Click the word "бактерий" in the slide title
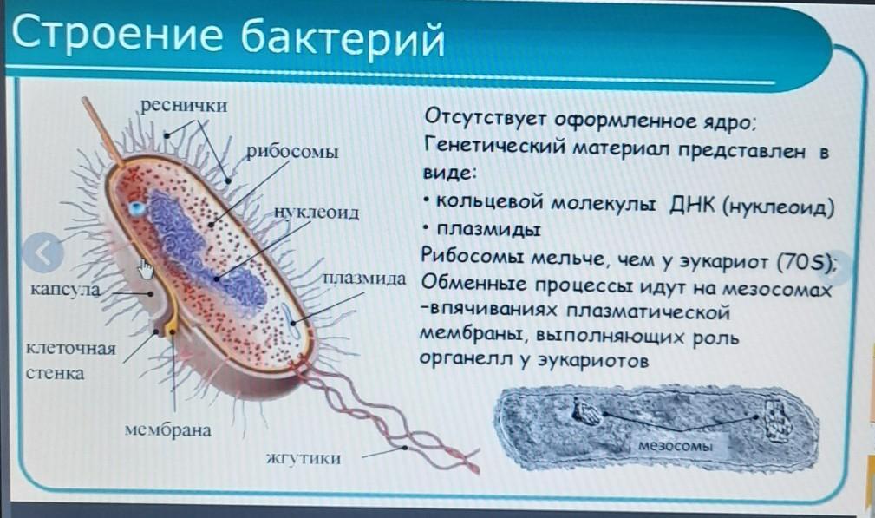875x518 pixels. pyautogui.click(x=343, y=37)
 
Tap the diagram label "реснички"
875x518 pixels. pyautogui.click(x=184, y=105)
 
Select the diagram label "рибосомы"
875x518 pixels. pyautogui.click(x=292, y=152)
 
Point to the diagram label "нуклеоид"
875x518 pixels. pyautogui.click(x=317, y=212)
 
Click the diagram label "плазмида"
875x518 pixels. pyautogui.click(x=364, y=278)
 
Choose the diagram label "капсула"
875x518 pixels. pyautogui.click(x=65, y=289)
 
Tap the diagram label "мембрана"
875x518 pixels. pyautogui.click(x=168, y=429)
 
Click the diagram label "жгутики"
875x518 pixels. pyautogui.click(x=303, y=459)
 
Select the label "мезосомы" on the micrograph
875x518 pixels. pyautogui.click(x=676, y=445)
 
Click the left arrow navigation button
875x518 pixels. pyautogui.click(x=43, y=252)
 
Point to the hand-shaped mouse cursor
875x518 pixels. pyautogui.click(x=146, y=268)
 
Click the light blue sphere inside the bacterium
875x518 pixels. pyautogui.click(x=136, y=209)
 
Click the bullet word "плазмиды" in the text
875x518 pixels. pyautogui.click(x=488, y=229)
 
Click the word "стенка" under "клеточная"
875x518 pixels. pyautogui.click(x=55, y=373)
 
